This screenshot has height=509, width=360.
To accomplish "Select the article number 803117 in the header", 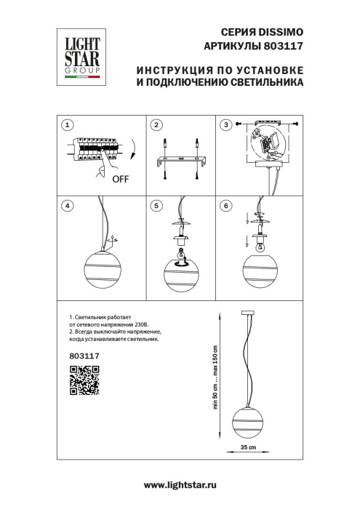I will [284, 47].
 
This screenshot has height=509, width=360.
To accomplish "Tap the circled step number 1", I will [67, 125].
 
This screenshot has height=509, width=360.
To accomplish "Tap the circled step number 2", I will [155, 125].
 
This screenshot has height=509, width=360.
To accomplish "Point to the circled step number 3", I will [226, 125].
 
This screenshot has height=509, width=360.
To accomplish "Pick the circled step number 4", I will [67, 206].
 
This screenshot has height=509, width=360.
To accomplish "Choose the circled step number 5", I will [155, 206].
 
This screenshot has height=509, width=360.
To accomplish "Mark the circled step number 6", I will [226, 206].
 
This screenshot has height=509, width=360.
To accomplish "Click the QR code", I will [84, 381].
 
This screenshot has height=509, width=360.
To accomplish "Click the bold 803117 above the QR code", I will [84, 356].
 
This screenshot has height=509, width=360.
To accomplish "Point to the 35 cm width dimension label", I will [248, 446].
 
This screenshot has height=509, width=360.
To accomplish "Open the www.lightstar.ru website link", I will [180, 484].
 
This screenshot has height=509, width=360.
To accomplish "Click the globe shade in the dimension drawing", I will [248, 420].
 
